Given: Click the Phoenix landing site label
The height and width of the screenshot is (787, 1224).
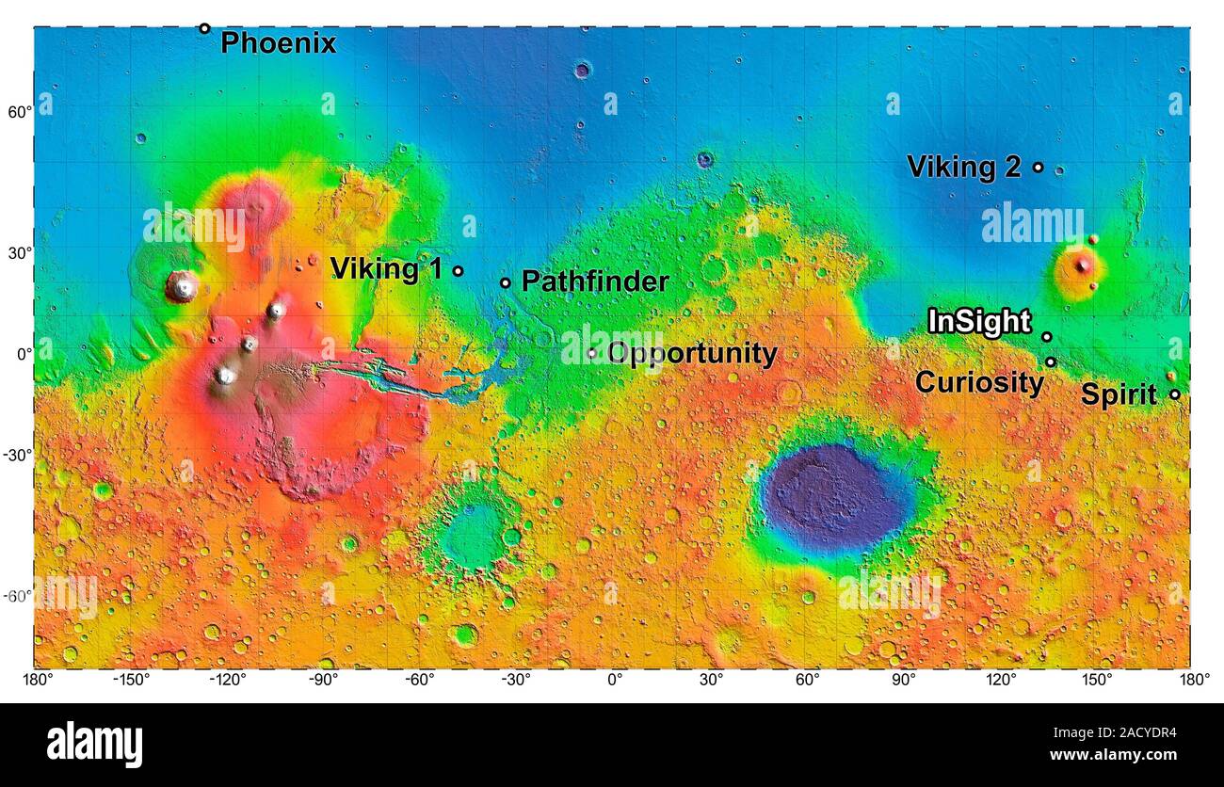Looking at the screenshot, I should (278, 43).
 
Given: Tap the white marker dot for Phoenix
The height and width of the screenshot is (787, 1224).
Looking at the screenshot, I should (204, 28).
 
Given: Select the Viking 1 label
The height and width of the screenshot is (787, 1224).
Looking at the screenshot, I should (386, 269).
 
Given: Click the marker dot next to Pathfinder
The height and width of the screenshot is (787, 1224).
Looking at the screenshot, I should (505, 282).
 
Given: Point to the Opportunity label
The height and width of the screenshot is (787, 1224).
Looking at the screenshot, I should (692, 354).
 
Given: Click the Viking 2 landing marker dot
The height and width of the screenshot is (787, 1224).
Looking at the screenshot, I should (1038, 168).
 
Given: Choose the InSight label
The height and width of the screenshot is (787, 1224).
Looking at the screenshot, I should (979, 322).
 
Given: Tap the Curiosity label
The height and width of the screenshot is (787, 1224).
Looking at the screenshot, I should (979, 383).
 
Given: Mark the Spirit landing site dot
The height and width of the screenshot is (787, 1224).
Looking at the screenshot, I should (1174, 394).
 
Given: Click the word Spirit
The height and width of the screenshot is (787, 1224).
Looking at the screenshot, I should (1119, 395).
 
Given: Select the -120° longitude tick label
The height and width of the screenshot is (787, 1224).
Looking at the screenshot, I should (227, 680).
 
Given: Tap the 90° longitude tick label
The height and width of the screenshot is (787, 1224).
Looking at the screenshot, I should (904, 680).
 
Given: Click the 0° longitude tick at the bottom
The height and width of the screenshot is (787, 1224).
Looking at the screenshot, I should (614, 680).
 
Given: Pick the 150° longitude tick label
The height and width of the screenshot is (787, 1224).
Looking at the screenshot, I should (1097, 680).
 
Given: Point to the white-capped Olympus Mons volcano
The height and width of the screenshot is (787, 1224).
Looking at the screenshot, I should (182, 286).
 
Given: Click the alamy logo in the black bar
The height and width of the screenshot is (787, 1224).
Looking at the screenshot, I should (94, 744).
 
